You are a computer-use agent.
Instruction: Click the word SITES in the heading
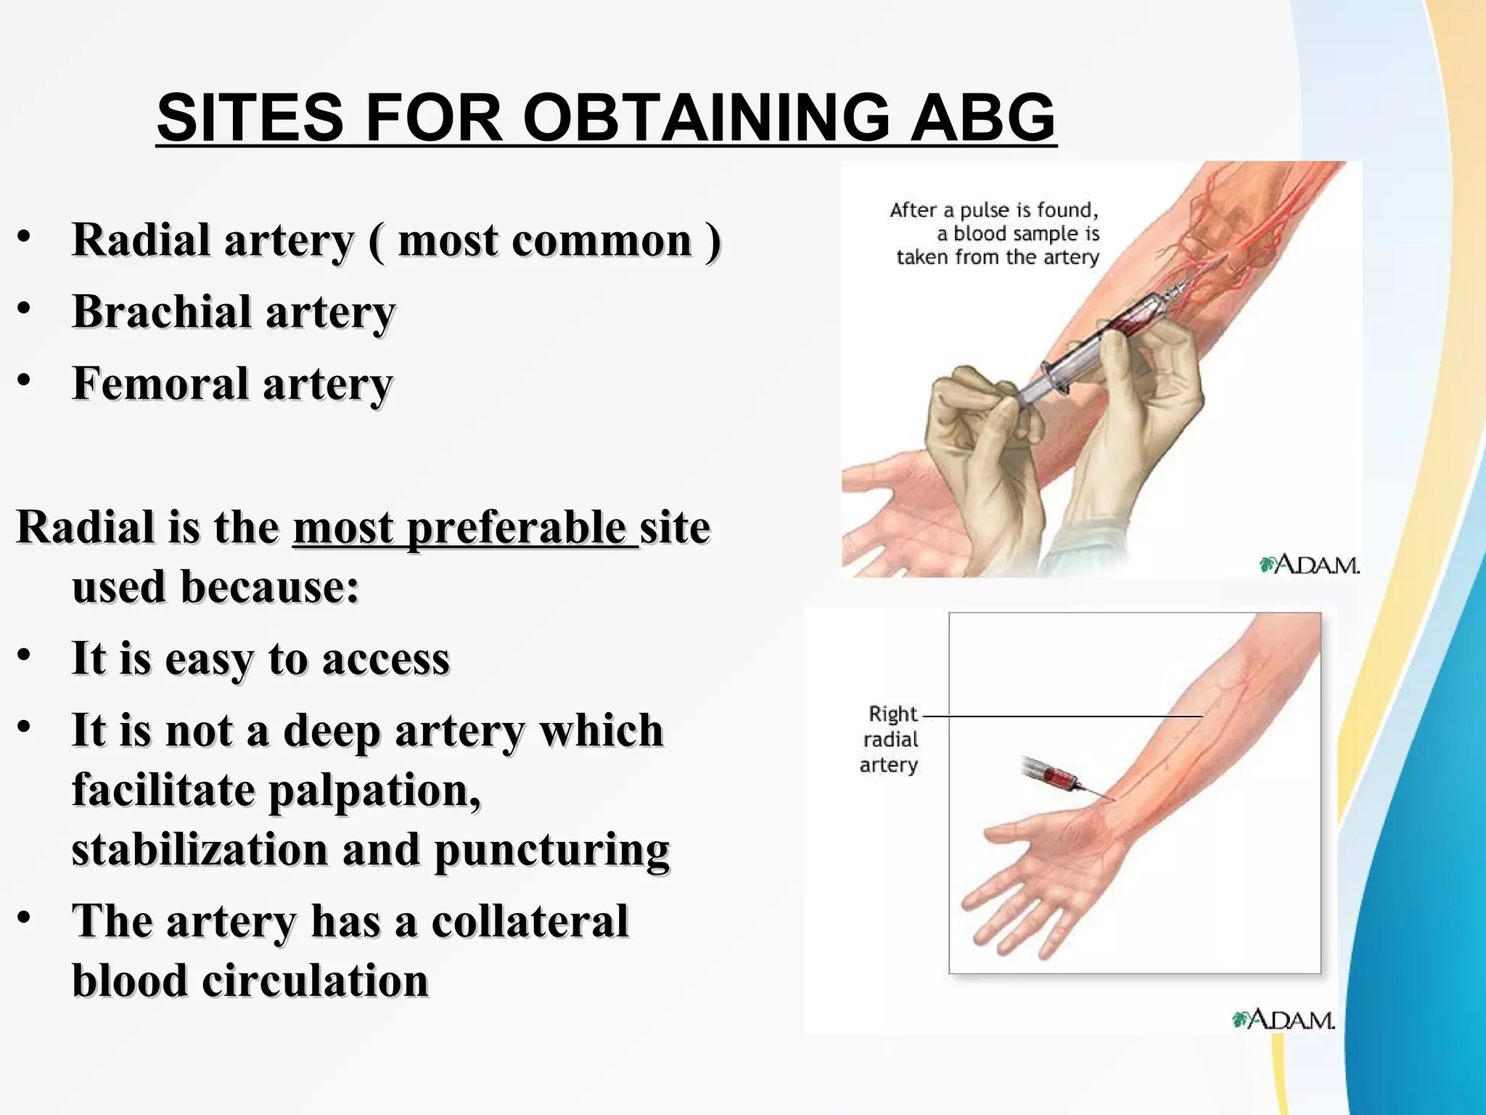250,118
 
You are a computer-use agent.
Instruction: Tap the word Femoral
160,384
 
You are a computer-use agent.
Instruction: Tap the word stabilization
200,849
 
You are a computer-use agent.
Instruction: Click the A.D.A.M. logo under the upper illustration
1309,564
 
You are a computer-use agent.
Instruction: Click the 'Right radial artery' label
890,739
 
